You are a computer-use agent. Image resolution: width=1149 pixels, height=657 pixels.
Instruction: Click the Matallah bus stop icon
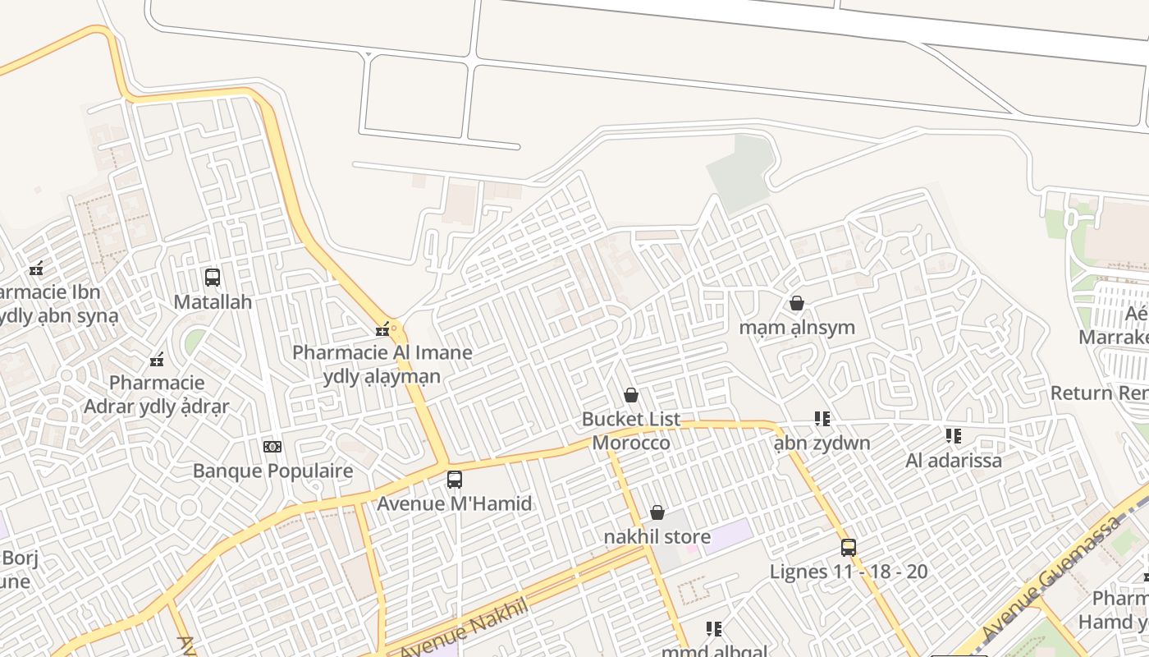click(213, 278)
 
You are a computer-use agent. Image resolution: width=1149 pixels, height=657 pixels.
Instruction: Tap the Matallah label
click(213, 302)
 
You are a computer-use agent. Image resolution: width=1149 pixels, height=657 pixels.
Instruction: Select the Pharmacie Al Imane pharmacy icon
click(382, 330)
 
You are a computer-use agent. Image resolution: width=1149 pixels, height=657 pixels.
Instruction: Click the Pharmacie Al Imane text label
click(382, 353)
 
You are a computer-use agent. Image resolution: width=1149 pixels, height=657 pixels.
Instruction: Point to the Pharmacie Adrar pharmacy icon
click(157, 360)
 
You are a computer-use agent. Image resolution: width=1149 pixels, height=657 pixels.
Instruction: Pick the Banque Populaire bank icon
click(272, 447)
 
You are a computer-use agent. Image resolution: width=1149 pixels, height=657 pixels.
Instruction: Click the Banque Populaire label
click(272, 471)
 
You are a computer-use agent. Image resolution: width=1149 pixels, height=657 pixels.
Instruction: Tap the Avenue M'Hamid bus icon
click(455, 480)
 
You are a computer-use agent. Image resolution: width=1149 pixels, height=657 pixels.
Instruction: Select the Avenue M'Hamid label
click(455, 503)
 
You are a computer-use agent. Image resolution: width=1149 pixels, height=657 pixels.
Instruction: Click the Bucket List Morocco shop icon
click(631, 396)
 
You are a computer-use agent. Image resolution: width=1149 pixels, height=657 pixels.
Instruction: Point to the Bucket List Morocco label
click(631, 431)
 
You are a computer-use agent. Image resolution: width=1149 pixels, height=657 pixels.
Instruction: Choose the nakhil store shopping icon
click(657, 513)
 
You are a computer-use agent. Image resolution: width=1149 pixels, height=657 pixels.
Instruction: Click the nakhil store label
click(657, 537)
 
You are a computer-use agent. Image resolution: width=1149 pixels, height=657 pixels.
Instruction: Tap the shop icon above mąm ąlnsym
click(796, 304)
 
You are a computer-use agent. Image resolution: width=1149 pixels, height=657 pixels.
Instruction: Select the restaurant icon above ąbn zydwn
click(822, 419)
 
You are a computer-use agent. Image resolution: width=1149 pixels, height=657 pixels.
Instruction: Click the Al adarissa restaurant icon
click(954, 435)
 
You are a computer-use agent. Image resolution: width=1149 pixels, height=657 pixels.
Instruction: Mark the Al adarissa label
click(954, 460)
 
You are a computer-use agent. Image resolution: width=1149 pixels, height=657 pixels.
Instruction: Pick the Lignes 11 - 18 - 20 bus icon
click(849, 547)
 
